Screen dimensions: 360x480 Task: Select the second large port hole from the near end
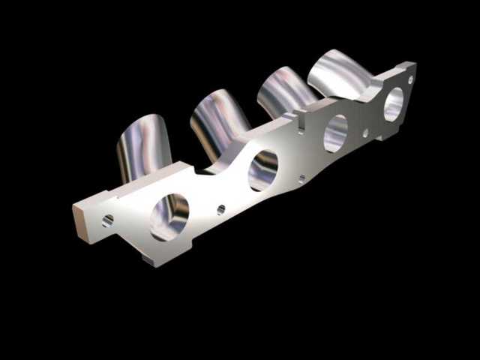tap(263, 170)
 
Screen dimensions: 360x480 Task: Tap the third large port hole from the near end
tap(336, 133)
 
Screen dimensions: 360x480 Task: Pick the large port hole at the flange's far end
tap(393, 104)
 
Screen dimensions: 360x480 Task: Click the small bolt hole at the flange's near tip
tap(108, 220)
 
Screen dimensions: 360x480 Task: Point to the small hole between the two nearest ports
tap(221, 209)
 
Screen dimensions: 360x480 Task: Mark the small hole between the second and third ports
tap(301, 178)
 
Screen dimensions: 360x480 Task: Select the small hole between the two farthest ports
tap(365, 133)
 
